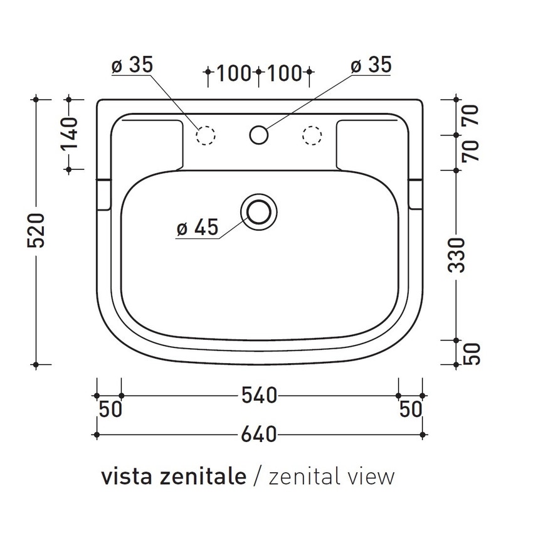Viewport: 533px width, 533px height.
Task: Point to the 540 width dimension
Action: click(x=258, y=396)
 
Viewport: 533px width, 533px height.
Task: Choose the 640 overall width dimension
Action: click(x=258, y=434)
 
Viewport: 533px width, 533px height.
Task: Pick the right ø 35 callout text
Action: click(x=371, y=65)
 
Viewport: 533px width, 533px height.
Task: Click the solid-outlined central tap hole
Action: click(x=259, y=134)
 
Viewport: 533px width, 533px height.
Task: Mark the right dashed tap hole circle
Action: click(x=312, y=135)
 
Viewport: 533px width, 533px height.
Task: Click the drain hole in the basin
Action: click(x=258, y=211)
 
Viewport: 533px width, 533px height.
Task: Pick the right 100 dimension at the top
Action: click(x=284, y=73)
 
